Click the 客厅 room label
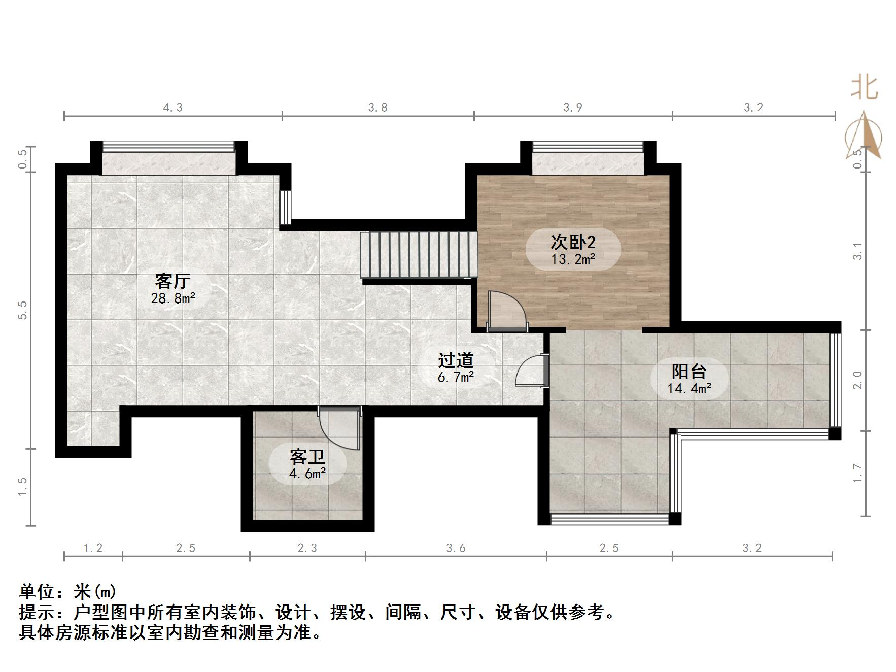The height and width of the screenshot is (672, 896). (x=173, y=281)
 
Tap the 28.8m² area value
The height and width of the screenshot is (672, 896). (x=173, y=298)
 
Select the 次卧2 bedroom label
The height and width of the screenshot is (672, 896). (x=573, y=242)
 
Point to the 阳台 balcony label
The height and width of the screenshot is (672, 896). (x=689, y=372)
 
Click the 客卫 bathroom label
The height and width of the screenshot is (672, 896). (x=307, y=457)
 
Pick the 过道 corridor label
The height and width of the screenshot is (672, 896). (x=456, y=360)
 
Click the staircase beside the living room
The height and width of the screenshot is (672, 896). (x=419, y=255)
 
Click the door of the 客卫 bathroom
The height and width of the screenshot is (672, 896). (x=339, y=428)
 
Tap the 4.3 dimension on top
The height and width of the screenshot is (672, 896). (x=173, y=108)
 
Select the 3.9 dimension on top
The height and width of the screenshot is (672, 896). (x=573, y=108)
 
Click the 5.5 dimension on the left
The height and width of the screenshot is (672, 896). (x=22, y=310)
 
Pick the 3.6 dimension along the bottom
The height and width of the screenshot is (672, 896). (x=456, y=548)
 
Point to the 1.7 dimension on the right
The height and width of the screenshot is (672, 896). (x=857, y=473)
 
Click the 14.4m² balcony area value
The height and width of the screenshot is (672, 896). (x=689, y=389)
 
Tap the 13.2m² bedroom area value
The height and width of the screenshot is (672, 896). (x=573, y=259)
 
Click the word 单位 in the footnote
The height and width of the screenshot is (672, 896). (x=37, y=592)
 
